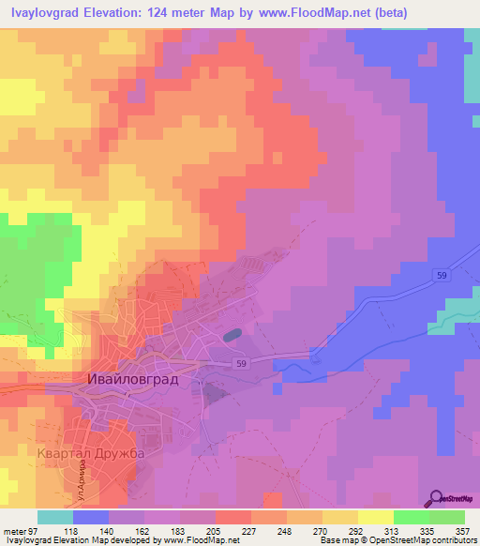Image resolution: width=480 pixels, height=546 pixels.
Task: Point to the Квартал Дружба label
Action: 91,455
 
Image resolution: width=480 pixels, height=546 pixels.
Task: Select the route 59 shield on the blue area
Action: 441,274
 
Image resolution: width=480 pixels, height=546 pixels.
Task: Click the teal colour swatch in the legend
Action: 55,517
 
